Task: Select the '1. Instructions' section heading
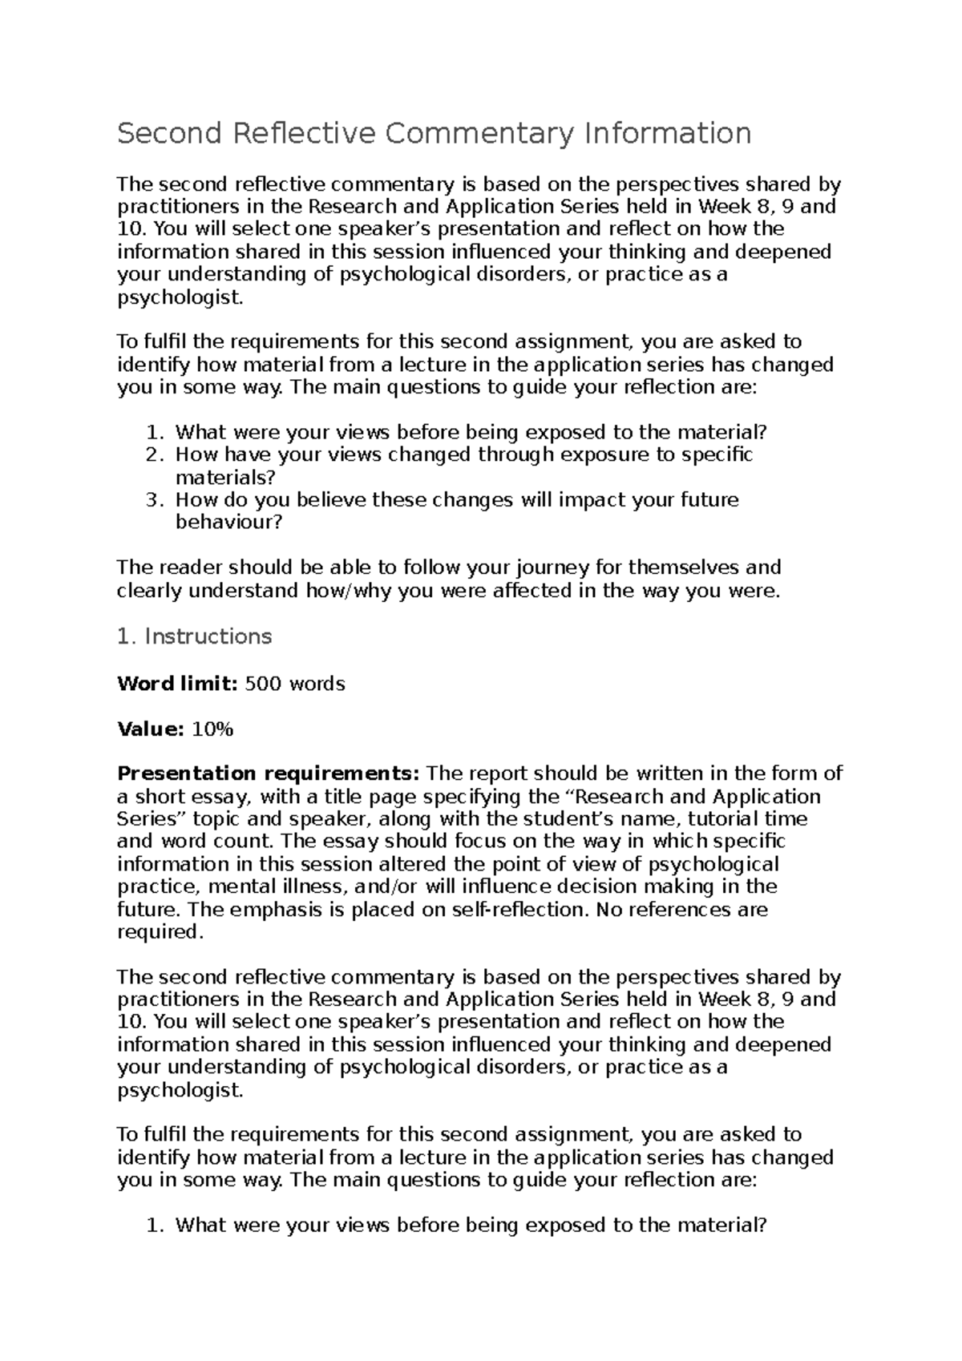[194, 636]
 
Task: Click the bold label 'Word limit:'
[177, 684]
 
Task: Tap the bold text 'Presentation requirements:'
[269, 773]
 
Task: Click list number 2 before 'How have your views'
[155, 455]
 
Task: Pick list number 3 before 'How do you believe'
[155, 500]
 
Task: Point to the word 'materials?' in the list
[225, 478]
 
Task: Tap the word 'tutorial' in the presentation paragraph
[721, 819]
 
